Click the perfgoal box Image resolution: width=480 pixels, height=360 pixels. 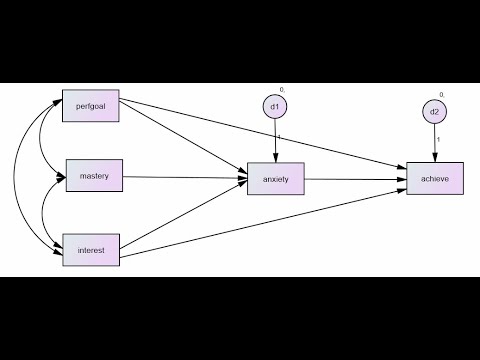91,107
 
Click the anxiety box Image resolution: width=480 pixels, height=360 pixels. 275,180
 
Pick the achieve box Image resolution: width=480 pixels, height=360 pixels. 434,180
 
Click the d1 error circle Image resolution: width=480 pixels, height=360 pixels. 275,105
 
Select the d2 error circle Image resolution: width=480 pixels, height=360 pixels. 434,112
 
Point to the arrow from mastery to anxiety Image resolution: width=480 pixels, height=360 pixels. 185,178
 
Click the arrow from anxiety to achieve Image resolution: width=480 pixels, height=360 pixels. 355,180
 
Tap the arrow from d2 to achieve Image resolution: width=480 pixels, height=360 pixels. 434,145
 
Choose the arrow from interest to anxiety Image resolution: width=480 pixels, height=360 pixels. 185,216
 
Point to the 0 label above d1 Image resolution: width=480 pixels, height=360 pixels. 282,90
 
